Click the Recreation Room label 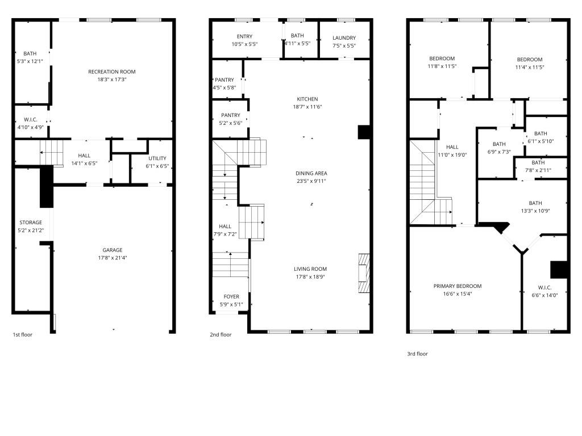click(111, 72)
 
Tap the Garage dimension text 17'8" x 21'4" click(112, 258)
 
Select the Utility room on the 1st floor click(158, 162)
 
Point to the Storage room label click(31, 223)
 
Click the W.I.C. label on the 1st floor click(30, 119)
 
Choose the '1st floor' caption click(23, 334)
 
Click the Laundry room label click(344, 38)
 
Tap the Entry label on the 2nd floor click(244, 36)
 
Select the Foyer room click(231, 300)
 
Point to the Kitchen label click(307, 99)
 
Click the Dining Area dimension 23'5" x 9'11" click(311, 181)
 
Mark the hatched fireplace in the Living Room click(364, 273)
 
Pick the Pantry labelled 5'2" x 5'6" click(231, 119)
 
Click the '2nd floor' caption click(221, 334)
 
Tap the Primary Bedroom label click(458, 286)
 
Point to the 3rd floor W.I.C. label click(544, 287)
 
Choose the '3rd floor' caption click(417, 354)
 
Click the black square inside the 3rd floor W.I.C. click(559, 269)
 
